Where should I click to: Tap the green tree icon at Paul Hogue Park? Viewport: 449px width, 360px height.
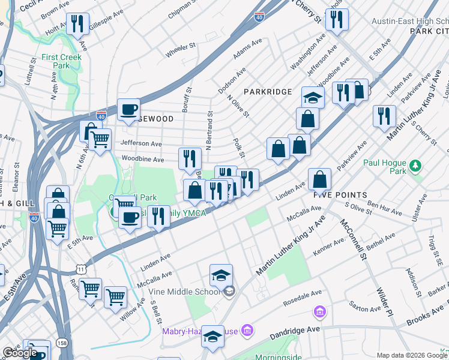click(x=415, y=164)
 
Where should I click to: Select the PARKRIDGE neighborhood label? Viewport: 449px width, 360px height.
click(x=268, y=92)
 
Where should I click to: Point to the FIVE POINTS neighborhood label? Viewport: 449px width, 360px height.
click(x=340, y=195)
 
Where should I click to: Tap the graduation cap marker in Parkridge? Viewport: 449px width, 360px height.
click(x=313, y=97)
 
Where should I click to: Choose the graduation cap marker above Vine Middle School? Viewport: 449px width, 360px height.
click(x=221, y=275)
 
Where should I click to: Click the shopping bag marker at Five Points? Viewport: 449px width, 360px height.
click(x=321, y=179)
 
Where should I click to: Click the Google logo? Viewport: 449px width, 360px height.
click(x=20, y=353)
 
